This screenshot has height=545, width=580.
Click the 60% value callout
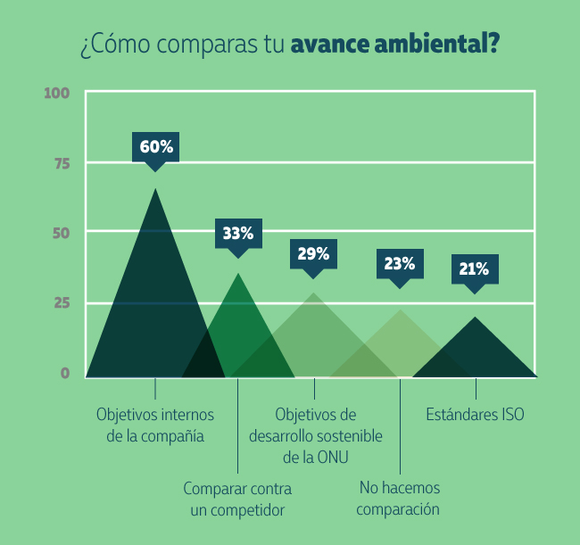pos(155,147)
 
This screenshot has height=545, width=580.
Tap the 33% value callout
pos(237,234)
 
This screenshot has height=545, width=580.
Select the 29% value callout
pos(313,254)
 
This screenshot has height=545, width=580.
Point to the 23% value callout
pos(400,264)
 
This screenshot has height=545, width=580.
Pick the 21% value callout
pos(475,268)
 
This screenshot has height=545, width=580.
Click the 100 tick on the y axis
pos(56,93)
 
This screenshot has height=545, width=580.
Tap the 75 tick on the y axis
pos(61,163)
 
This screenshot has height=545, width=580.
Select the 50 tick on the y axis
pos(60,233)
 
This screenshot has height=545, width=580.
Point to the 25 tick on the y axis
pos(61,303)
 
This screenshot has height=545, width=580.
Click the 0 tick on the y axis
pos(65,373)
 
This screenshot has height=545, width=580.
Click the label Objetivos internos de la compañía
pos(155,425)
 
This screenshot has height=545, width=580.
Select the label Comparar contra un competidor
pos(237,500)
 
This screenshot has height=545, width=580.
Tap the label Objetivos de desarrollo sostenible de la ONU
pos(315,436)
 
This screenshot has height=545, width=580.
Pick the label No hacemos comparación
pos(399,499)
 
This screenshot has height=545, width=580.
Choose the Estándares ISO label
pos(475,415)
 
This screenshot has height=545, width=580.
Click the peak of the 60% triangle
pos(155,189)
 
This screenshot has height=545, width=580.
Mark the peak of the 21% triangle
pos(476,318)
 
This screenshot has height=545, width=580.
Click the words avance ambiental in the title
pos(394,44)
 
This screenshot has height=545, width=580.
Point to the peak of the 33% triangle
pos(237,273)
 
